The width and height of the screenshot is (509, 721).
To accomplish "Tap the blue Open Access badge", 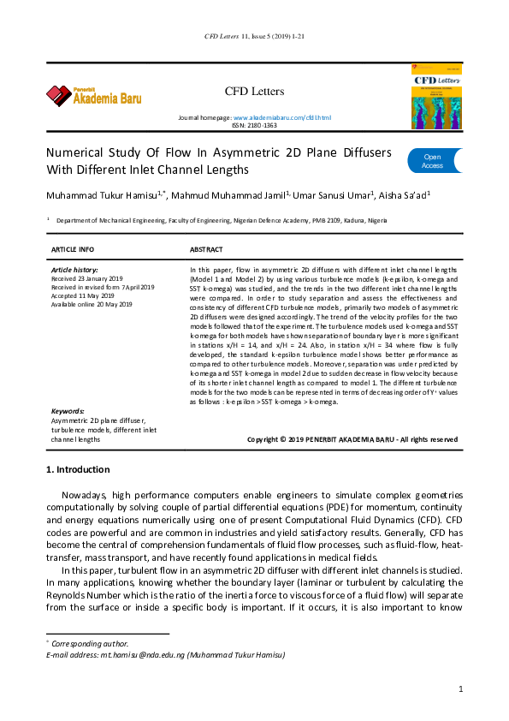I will coord(434,161).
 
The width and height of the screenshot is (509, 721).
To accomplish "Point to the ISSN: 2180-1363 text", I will coord(254,125).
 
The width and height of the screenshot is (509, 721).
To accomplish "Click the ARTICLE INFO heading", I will coord(74,249).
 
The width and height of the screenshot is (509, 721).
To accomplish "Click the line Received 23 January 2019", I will coord(87,278).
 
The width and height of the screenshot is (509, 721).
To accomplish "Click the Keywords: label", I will coord(68,412).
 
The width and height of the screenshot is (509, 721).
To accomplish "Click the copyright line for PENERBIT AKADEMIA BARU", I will coord(352,439).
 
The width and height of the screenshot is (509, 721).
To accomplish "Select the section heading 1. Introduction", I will coord(77,470).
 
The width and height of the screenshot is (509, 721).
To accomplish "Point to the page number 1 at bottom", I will coord(460,688).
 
